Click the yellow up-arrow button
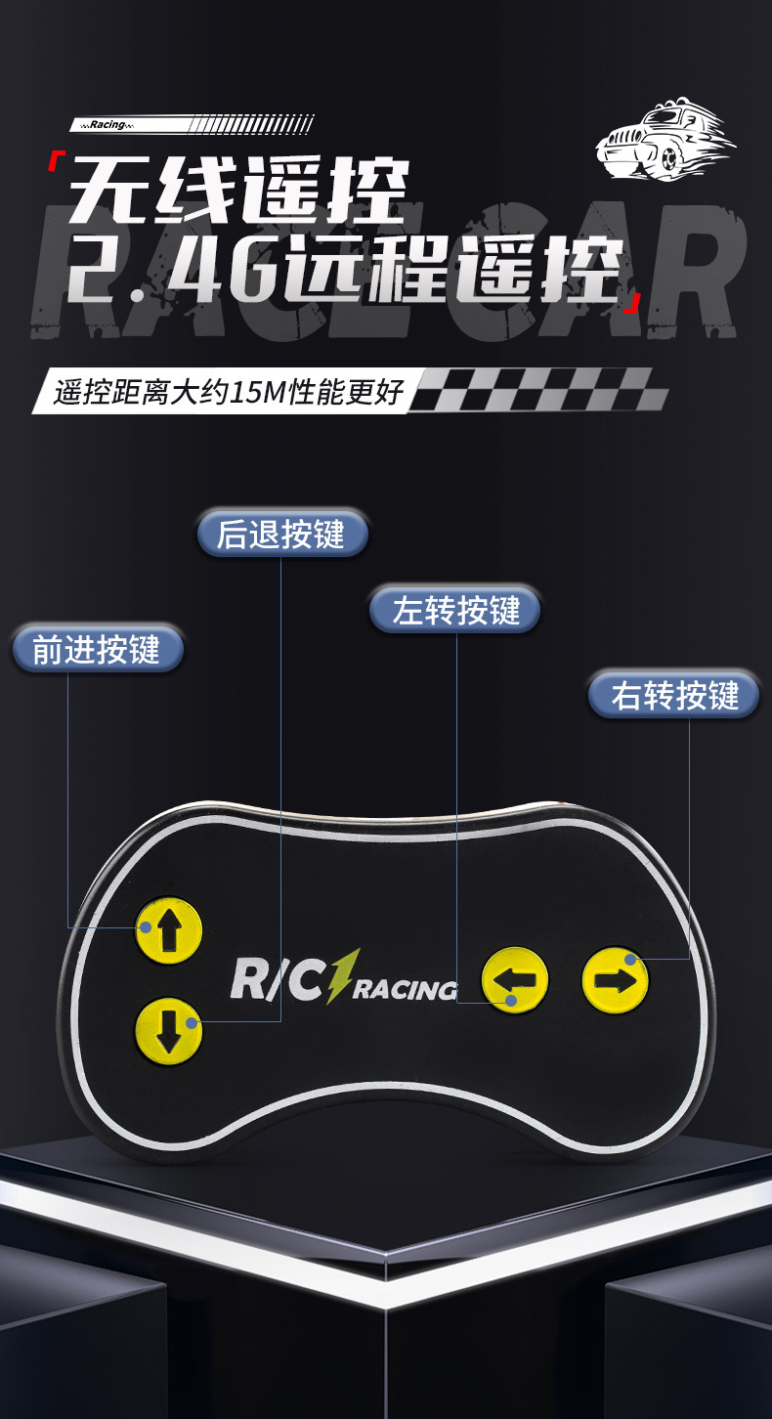pos(169,929)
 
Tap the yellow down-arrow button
pos(168,1030)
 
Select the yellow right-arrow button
pos(616,978)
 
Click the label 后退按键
pos(281,534)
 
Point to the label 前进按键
pos(97,649)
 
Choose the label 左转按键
pos(455,610)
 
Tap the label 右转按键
pos(674,695)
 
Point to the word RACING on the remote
pos(405,989)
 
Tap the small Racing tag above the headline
pos(107,125)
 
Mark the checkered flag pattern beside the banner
pos(537,389)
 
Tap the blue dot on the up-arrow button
pos(145,926)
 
